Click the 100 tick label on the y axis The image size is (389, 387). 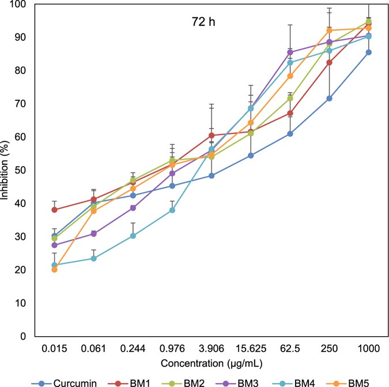[x=20, y=4]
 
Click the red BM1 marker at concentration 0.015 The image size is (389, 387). [x=54, y=210]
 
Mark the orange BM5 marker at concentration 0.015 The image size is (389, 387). [x=54, y=269]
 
